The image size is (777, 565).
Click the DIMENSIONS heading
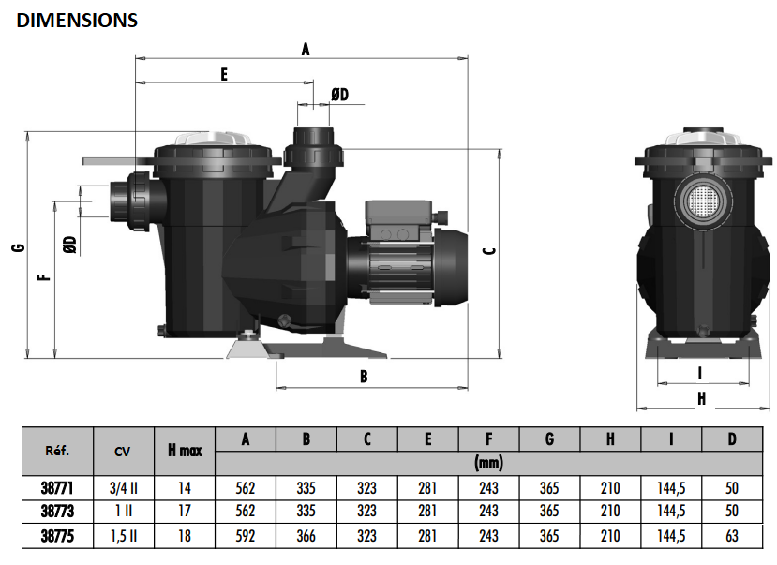(x=77, y=21)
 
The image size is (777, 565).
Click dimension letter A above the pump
(x=306, y=49)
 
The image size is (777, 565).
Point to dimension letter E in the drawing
(x=224, y=75)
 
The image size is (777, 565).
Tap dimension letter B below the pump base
(x=364, y=377)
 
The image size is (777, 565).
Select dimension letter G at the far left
(x=19, y=247)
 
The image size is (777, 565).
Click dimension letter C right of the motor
(x=489, y=251)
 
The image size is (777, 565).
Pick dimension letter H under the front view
(x=701, y=398)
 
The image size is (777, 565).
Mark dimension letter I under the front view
(x=700, y=373)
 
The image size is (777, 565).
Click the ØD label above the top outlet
(x=340, y=94)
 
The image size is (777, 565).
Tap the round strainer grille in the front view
(x=703, y=201)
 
